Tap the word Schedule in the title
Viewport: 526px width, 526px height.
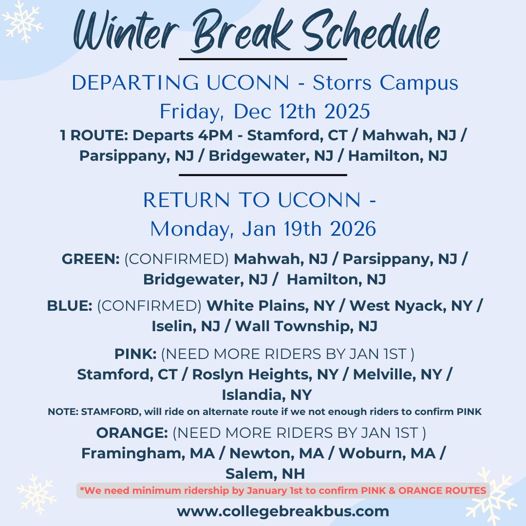coord(371,31)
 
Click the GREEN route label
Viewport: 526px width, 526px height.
coord(91,259)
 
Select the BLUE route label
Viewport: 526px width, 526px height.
coord(70,305)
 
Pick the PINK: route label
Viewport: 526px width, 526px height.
coord(135,354)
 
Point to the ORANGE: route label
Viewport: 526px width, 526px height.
coord(132,433)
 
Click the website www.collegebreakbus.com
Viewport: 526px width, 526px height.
coord(283,511)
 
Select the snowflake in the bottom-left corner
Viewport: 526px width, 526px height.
coord(36,494)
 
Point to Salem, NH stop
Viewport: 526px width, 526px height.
coord(265,474)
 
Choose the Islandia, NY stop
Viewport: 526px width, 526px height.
coord(267,395)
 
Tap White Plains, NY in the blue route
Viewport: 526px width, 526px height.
coord(270,305)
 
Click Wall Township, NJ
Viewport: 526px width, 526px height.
coord(306,326)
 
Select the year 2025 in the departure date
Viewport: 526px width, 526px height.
coord(347,112)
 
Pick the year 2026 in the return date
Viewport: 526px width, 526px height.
coord(353,229)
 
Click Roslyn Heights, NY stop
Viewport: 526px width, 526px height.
coord(265,375)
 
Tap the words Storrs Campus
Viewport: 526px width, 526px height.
coord(385,83)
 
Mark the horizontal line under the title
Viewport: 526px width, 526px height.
coord(263,59)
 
